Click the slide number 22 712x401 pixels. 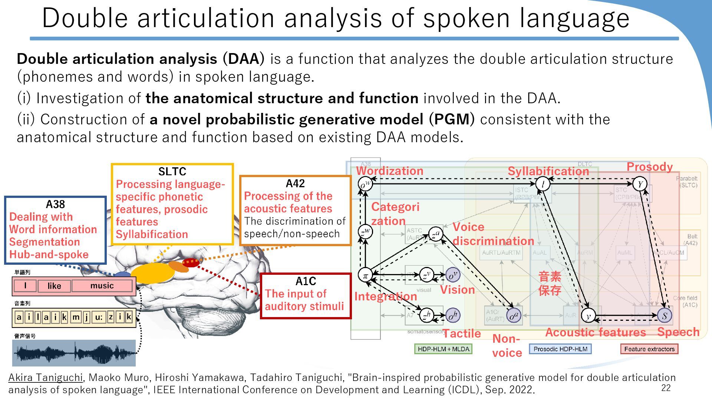point(666,388)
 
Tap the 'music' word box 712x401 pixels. point(102,286)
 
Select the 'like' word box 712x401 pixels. point(54,286)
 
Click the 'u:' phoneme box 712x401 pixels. point(99,317)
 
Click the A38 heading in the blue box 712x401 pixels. point(55,204)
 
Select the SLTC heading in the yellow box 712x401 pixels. point(172,172)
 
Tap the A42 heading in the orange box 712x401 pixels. point(295,183)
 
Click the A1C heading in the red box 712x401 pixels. point(306,281)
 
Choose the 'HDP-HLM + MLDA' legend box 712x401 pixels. point(443,349)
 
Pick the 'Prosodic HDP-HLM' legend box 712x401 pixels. point(560,349)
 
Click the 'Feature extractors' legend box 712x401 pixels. point(649,349)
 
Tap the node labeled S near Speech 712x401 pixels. point(665,316)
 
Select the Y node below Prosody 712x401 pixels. point(640,184)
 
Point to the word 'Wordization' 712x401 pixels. point(390,171)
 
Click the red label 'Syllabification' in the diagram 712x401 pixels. point(548,171)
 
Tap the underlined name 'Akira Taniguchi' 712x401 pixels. point(46,378)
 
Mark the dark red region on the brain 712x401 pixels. point(191,263)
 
